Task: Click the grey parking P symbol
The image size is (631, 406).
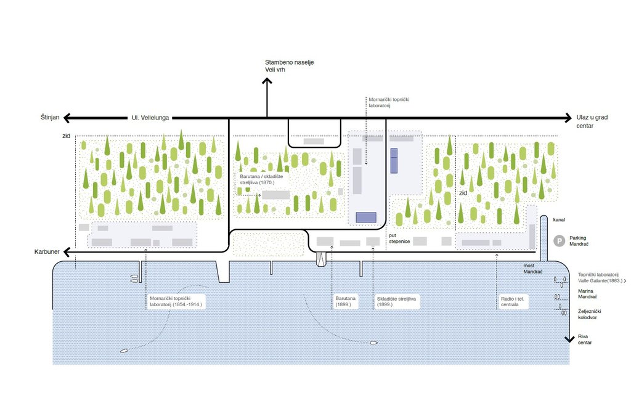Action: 559,241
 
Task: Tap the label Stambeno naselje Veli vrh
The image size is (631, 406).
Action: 289,66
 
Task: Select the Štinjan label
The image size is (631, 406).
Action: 50,117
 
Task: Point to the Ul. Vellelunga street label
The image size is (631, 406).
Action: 150,118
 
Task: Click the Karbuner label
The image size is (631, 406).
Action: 47,251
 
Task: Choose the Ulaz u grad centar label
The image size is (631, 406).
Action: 592,121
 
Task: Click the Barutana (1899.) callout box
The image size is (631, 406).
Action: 345,301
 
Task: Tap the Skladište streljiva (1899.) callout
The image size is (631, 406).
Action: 396,302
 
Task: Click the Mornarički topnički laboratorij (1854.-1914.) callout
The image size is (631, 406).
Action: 176,301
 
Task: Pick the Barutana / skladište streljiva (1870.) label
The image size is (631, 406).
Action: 261,179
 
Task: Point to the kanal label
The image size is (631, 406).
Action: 559,220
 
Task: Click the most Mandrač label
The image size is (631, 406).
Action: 533,269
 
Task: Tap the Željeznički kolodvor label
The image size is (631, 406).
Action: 589,314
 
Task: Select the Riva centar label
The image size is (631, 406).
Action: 585,339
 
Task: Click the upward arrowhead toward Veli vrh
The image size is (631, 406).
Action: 267,81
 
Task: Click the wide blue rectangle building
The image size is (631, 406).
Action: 366,217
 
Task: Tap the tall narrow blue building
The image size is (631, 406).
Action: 394,161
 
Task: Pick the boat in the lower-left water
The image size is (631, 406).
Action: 124,351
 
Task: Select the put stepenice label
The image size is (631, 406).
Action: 399,238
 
